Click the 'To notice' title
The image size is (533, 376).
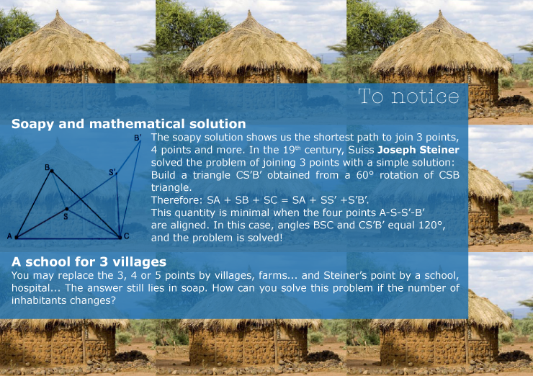coord(408,97)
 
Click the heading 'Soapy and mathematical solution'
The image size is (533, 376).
coord(128,124)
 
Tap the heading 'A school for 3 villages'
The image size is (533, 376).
coord(89,261)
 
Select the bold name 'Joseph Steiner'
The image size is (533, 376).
coord(418,150)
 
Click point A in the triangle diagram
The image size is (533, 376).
coord(17,237)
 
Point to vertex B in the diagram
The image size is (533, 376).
coord(52,171)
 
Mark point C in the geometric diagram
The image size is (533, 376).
coord(120,237)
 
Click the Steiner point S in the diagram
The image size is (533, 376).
coord(66,209)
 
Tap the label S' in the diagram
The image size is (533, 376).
coord(112,172)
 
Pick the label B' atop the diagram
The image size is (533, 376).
coord(138,138)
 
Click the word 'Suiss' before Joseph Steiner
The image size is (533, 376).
coord(361,150)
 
